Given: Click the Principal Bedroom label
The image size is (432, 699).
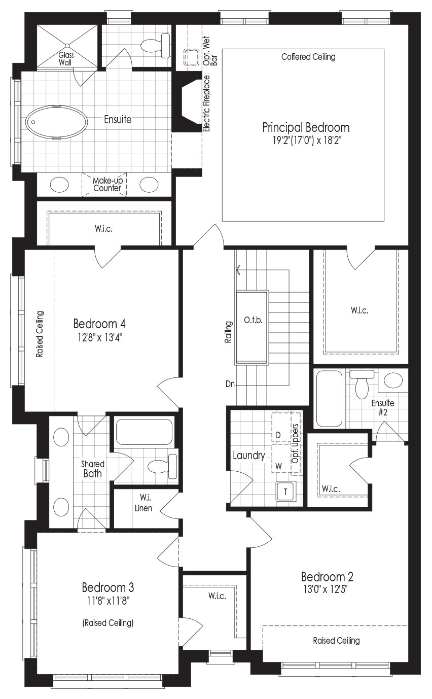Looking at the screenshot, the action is [x=306, y=128].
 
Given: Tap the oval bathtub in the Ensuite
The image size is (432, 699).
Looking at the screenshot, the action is [x=56, y=122].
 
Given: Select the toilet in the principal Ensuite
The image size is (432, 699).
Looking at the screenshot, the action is [x=155, y=46].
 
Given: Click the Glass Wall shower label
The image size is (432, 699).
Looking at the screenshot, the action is [x=66, y=59].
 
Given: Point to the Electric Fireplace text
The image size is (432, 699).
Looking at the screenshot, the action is [x=206, y=103].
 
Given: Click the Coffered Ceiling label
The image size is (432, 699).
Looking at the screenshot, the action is [x=308, y=57].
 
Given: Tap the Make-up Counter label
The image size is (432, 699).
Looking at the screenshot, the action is [x=107, y=184].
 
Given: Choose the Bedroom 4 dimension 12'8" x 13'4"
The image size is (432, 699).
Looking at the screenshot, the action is [x=99, y=338].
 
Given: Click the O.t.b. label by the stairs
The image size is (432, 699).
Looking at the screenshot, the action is [x=253, y=320].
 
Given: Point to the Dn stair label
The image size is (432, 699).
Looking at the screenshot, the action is [x=230, y=384].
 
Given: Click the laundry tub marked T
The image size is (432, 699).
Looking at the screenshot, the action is [x=285, y=492].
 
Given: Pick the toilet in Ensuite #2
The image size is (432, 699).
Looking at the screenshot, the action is [x=362, y=384].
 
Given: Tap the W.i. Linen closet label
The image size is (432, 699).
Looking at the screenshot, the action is [x=143, y=502].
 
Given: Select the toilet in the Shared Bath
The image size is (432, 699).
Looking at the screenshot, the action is [x=162, y=467].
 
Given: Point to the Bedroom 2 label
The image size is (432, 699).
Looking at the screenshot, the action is [x=327, y=577].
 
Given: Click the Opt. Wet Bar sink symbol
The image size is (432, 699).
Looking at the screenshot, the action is [x=192, y=57].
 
